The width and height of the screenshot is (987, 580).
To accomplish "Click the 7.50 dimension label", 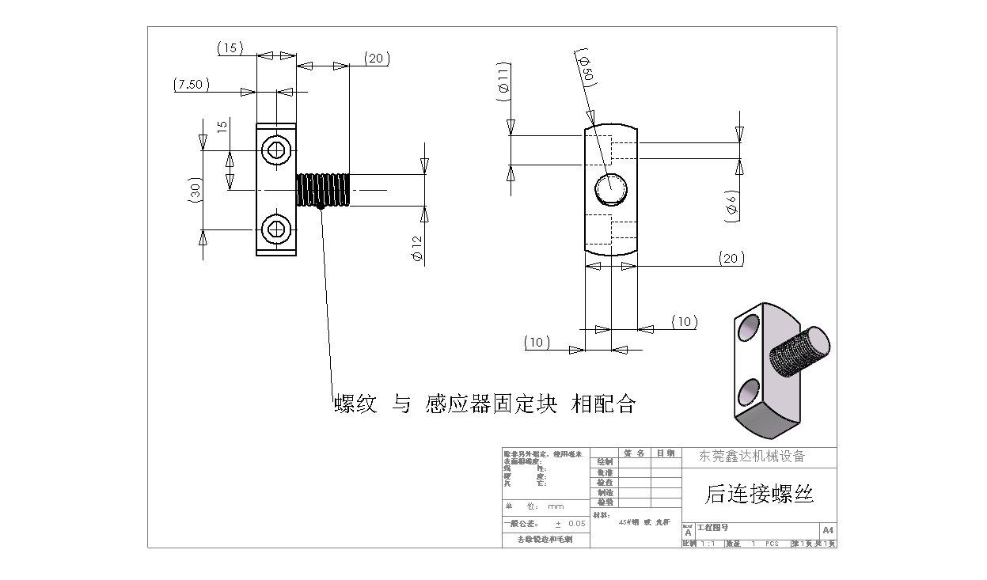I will point(191,85).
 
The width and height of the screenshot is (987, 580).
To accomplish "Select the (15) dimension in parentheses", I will point(230,49).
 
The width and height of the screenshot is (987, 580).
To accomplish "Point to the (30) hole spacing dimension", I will point(196,190).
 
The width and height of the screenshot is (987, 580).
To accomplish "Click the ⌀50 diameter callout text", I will point(587,70).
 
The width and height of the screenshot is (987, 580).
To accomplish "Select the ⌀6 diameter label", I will point(732,204).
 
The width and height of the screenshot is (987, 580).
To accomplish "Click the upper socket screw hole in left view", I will point(277,150).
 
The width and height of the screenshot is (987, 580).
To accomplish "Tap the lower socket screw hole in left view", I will point(277,229).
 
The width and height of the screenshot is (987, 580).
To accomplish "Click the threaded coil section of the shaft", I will point(323,190).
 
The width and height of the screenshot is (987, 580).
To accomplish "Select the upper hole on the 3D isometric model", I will point(747,327).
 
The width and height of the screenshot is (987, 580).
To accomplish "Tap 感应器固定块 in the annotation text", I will point(491,404).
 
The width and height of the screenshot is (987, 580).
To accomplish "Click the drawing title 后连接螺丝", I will point(759,495).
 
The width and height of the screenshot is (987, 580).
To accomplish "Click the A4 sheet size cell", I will point(828,529).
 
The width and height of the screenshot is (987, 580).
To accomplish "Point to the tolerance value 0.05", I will point(576,524).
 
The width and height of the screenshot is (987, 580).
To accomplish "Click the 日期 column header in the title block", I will point(666,453).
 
